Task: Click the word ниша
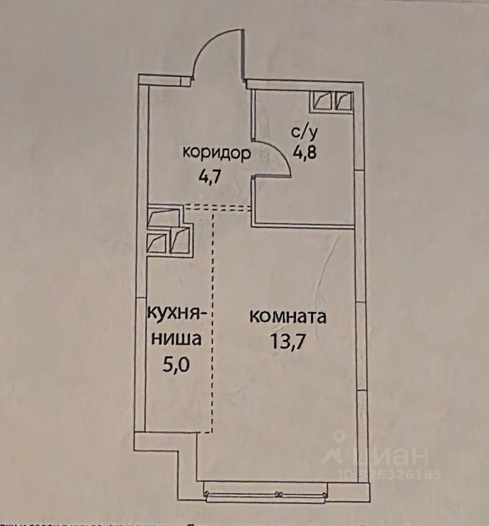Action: (x=175, y=340)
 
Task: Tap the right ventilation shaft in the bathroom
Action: (x=344, y=101)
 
